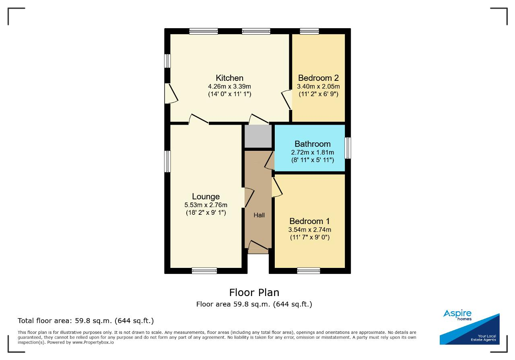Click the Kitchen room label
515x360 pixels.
(229, 78)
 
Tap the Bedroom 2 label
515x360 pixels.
(318, 78)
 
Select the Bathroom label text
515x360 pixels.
(313, 144)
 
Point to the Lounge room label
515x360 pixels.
(206, 197)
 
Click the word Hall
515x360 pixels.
(259, 215)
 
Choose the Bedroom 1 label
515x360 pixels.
(310, 221)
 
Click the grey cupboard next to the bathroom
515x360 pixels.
(258, 136)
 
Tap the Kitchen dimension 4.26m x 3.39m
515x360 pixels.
(229, 86)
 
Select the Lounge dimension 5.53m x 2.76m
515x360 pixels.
(206, 205)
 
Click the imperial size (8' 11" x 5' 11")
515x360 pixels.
(313, 160)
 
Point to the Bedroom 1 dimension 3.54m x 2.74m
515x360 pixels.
(310, 230)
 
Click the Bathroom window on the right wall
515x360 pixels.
(348, 148)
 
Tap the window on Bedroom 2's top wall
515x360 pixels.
(309, 31)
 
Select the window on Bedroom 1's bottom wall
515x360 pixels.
(309, 271)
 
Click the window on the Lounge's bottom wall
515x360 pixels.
(204, 271)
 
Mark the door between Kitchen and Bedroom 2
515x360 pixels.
(286, 100)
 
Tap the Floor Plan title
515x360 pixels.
(254, 293)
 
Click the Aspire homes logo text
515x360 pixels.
(457, 315)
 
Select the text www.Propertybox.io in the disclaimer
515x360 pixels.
(93, 343)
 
